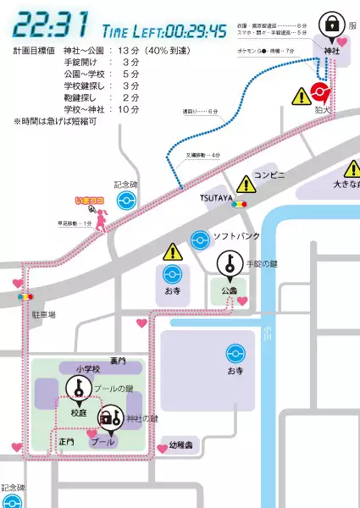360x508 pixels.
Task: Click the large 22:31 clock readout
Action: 53,26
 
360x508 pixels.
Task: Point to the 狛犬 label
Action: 321,110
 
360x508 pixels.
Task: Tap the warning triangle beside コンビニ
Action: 247,183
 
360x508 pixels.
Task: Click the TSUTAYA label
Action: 216,196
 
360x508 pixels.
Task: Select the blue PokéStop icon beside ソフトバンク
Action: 200,239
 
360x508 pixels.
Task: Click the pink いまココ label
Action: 89,202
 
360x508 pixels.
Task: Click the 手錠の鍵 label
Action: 261,264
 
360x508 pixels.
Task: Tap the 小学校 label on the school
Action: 87,368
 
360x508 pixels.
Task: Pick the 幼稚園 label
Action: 181,444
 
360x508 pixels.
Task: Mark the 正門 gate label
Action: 66,441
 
